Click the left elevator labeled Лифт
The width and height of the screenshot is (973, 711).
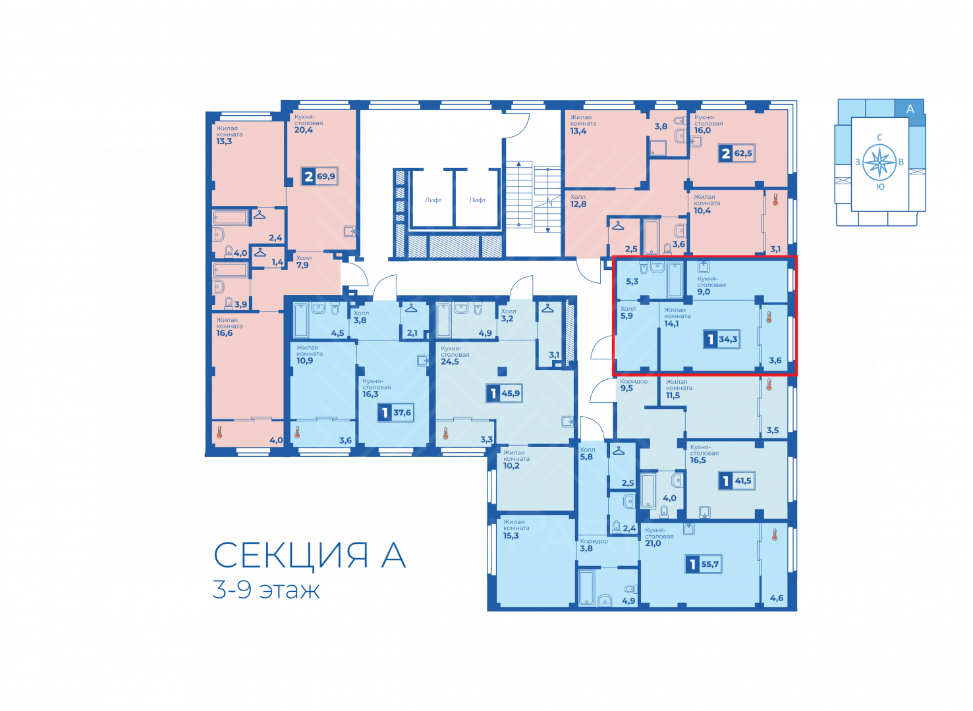pyautogui.click(x=433, y=200)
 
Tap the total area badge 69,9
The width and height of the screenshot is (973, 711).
pyautogui.click(x=320, y=176)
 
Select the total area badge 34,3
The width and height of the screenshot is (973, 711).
pyautogui.click(x=721, y=339)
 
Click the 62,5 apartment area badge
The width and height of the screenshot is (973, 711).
pyautogui.click(x=737, y=153)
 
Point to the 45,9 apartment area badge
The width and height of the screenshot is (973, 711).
pyautogui.click(x=504, y=394)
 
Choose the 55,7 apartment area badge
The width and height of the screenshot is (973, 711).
pyautogui.click(x=704, y=564)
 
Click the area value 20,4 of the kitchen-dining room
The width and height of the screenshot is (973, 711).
pyautogui.click(x=303, y=130)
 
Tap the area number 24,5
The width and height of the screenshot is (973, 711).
pyautogui.click(x=449, y=361)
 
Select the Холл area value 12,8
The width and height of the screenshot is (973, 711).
pyautogui.click(x=578, y=204)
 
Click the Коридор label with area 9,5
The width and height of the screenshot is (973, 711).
pyautogui.click(x=634, y=381)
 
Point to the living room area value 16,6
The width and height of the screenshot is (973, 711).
pyautogui.click(x=224, y=333)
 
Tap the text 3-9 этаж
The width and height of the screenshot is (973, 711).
pyautogui.click(x=266, y=590)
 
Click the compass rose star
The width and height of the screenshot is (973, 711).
pyautogui.click(x=879, y=163)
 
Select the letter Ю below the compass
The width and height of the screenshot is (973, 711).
pyautogui.click(x=880, y=187)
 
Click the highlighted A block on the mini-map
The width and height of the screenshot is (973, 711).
pyautogui.click(x=910, y=109)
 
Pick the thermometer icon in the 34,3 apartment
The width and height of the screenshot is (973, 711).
pyautogui.click(x=769, y=317)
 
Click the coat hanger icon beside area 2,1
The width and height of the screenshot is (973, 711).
pyautogui.click(x=411, y=307)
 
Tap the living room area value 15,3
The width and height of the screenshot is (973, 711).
pyautogui.click(x=511, y=536)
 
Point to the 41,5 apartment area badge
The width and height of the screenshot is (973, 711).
pyautogui.click(x=737, y=481)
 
